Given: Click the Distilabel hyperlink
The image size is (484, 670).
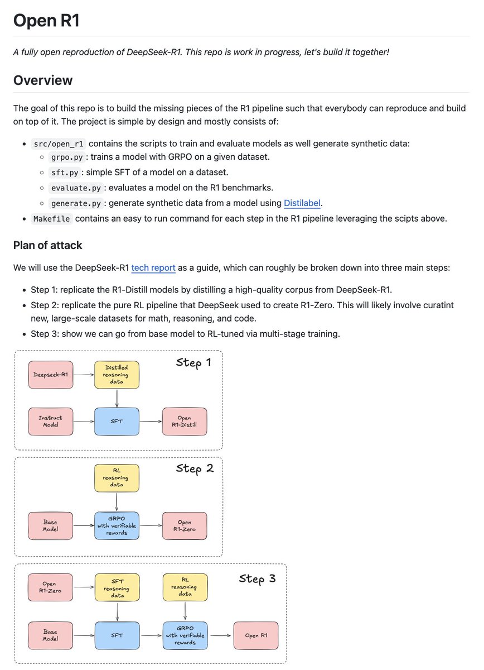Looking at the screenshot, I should point(302,203).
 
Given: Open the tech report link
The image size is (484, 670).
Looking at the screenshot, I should point(153,267).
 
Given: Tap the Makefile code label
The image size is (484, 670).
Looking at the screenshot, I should point(52,218).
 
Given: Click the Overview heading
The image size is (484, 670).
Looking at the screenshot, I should point(43,80).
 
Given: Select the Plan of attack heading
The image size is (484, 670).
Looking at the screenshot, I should point(47,245).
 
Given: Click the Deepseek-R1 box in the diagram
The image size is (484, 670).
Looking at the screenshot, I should point(50,375).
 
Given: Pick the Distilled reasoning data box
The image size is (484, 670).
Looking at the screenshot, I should point(117,375).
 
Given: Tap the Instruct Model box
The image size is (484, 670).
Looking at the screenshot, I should point(50,422).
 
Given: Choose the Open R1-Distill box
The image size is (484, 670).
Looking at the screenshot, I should point(184,422).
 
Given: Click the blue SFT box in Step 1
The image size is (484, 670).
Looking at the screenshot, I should point(117,422).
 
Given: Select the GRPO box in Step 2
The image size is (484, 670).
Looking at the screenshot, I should point(117,525).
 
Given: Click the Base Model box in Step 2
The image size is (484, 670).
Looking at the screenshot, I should point(50,525).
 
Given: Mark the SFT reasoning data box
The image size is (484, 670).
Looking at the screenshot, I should point(117,587).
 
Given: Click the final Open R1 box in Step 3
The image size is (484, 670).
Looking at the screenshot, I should point(255,635).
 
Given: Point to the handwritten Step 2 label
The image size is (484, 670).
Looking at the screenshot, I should point(195,468).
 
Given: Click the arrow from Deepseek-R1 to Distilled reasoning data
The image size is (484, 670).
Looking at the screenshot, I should point(84,375).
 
